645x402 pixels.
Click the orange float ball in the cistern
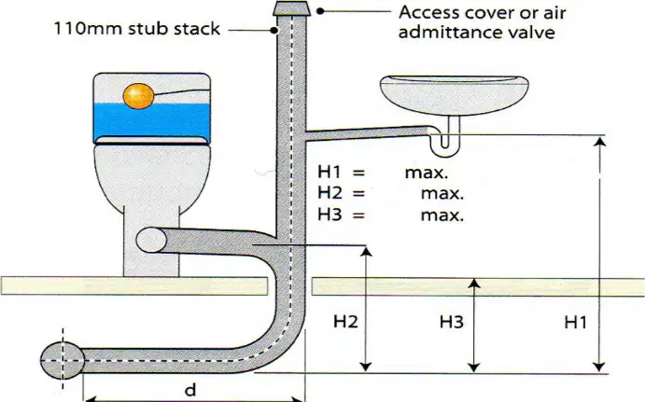138,96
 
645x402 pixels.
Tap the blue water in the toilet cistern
152,119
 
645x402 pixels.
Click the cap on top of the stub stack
291,8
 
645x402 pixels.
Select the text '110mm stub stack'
137,29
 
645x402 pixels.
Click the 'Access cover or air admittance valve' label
482,22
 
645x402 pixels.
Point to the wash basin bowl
455,94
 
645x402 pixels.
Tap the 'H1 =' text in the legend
341,172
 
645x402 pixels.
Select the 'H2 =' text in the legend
341,192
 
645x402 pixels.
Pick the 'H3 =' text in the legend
341,215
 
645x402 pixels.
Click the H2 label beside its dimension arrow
345,322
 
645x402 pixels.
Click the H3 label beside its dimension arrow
452,322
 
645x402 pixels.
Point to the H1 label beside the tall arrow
576,323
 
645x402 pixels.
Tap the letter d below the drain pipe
189,389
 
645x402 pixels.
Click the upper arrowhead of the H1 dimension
600,142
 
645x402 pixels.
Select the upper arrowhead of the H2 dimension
366,251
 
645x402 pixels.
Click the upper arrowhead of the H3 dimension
475,284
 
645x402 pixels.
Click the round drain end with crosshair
63,360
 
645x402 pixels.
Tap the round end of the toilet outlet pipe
151,241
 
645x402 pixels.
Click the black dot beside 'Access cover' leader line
319,11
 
